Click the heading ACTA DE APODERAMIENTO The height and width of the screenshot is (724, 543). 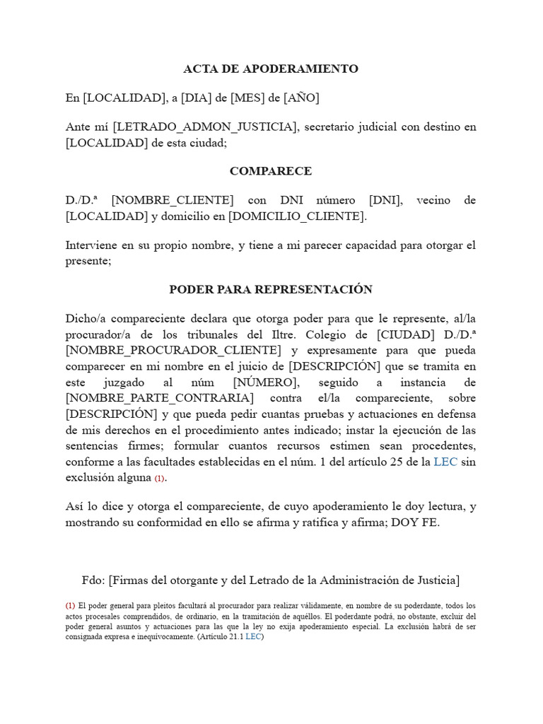[x=271, y=69]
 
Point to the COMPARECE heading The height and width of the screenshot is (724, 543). [x=271, y=171]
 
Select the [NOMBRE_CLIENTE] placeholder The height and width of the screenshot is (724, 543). [x=173, y=201]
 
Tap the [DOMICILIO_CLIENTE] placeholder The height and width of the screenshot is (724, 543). [x=296, y=216]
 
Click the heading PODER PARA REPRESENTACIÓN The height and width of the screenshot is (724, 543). [x=271, y=289]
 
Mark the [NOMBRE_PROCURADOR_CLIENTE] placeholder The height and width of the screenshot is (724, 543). [x=173, y=350]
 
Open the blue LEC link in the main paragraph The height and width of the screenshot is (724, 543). [x=445, y=462]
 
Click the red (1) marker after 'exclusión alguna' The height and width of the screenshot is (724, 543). [x=160, y=479]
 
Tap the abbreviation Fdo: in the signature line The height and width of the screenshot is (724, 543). [x=93, y=580]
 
